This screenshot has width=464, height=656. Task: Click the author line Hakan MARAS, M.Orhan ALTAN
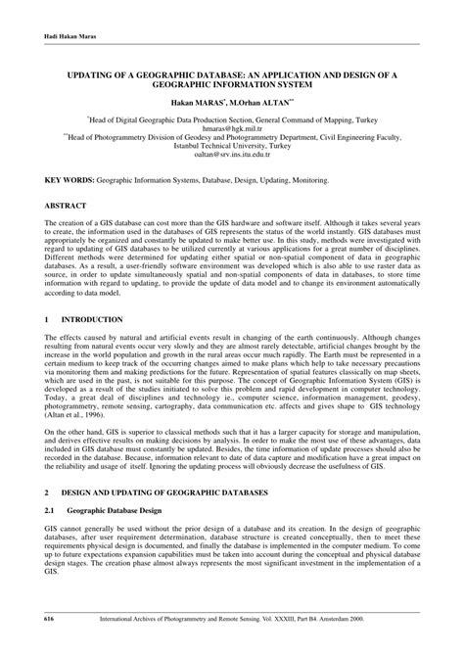[231, 101]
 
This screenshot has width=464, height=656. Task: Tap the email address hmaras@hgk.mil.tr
[231, 126]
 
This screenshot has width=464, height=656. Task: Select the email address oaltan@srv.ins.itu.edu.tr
[231, 154]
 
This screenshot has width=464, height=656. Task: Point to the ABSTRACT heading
[65, 207]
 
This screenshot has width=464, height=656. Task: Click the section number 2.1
[50, 509]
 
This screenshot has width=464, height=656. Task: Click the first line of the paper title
[231, 72]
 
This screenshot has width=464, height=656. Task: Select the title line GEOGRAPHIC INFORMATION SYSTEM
[231, 83]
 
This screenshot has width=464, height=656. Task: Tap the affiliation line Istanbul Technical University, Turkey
[231, 145]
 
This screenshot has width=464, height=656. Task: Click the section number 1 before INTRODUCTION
[46, 320]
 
